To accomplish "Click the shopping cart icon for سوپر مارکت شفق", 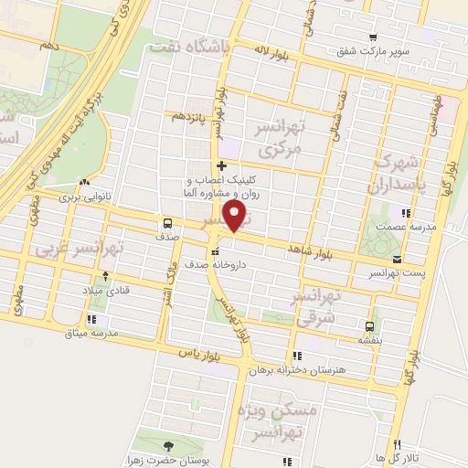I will pos(372,37).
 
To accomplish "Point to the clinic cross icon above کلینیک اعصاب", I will pos(220,165).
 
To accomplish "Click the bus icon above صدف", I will pos(167,222).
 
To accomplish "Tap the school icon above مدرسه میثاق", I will pos(90,319).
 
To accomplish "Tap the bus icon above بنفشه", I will pos(370,325).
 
